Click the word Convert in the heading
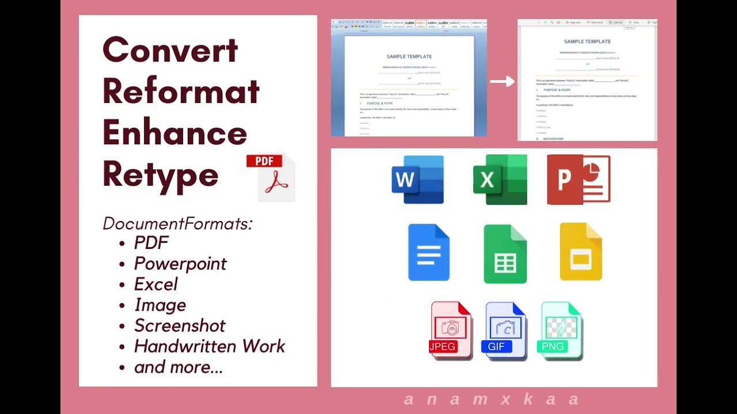(x=170, y=50)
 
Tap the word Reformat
(x=181, y=91)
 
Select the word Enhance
(x=175, y=133)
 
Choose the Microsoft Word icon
(x=417, y=179)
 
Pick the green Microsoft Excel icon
(x=500, y=179)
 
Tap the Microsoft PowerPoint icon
(x=579, y=179)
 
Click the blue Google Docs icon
(x=429, y=252)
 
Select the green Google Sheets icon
(x=505, y=254)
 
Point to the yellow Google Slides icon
(x=581, y=252)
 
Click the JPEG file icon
(x=451, y=330)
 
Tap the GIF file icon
(x=506, y=330)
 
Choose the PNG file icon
(x=561, y=331)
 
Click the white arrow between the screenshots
(x=502, y=82)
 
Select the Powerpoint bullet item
(x=180, y=263)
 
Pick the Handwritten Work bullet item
(x=210, y=346)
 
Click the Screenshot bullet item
(x=180, y=325)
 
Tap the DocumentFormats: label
(x=177, y=223)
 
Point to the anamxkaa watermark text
(x=491, y=399)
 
